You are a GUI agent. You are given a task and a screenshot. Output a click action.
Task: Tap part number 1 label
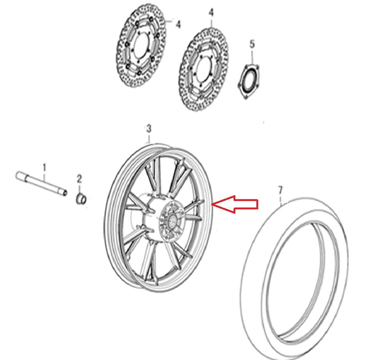tap(45, 168)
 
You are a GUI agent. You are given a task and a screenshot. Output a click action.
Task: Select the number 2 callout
tap(80, 179)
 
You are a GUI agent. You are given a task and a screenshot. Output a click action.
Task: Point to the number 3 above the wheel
tap(148, 129)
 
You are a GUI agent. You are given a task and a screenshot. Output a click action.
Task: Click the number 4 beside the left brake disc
tap(178, 25)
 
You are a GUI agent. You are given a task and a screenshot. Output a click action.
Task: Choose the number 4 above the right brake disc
tap(211, 13)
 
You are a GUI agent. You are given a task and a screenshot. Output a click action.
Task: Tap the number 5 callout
tap(252, 44)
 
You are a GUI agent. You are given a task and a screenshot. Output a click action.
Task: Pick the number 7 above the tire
tap(280, 190)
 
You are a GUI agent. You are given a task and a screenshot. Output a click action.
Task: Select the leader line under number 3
tap(148, 138)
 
